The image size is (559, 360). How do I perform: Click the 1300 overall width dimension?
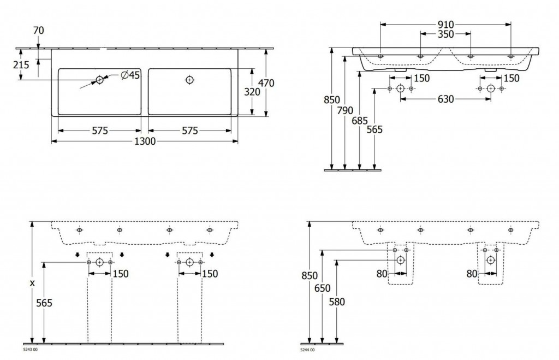(145, 141)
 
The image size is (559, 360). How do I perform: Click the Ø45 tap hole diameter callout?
(130, 75)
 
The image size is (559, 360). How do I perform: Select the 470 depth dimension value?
(266, 83)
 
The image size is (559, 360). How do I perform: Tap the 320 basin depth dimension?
(252, 92)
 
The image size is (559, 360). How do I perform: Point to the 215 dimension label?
(21, 65)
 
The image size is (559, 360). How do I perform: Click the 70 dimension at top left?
(39, 31)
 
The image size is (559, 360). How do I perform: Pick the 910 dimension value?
(445, 25)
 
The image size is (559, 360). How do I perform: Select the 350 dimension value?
(445, 34)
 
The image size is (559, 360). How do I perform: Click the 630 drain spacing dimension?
(445, 99)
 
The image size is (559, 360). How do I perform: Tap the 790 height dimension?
(345, 110)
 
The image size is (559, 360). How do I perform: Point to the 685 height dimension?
(359, 121)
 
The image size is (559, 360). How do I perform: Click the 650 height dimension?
(322, 288)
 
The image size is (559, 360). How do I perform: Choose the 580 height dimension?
(337, 302)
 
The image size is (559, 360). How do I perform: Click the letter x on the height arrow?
(32, 283)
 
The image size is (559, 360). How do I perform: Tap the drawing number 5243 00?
(30, 350)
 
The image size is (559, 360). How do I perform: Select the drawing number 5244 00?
(307, 350)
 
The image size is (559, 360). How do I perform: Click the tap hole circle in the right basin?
(190, 80)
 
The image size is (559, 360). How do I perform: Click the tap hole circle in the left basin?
(99, 80)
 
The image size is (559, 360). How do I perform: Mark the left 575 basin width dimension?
(100, 131)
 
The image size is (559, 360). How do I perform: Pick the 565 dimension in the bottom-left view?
(44, 303)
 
